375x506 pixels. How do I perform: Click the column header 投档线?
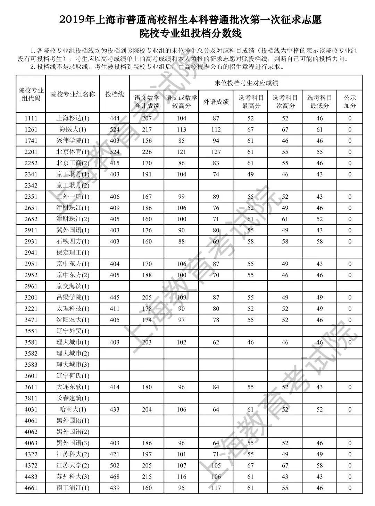(x=114, y=94)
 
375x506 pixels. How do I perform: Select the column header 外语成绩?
(x=216, y=102)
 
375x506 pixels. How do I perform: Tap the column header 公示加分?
(x=350, y=102)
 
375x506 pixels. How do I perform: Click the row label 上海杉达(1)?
(x=73, y=118)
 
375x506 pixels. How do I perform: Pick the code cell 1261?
(x=31, y=130)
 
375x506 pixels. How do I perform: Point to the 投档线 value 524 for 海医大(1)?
(x=114, y=130)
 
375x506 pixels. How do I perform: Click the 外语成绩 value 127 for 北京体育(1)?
(x=216, y=152)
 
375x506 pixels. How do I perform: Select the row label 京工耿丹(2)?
(x=73, y=185)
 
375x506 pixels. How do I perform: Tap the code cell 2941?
(x=31, y=252)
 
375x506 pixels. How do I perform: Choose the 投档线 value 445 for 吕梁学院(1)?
(x=114, y=297)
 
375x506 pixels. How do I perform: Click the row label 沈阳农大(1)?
(x=73, y=320)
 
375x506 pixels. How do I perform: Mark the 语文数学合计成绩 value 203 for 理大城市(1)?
(x=147, y=342)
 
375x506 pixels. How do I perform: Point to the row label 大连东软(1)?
(x=73, y=387)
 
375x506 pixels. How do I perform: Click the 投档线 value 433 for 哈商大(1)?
(x=114, y=409)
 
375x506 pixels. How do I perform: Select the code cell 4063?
(x=31, y=443)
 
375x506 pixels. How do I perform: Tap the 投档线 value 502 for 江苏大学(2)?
(x=114, y=465)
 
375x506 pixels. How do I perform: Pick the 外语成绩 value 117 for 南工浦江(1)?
(x=216, y=488)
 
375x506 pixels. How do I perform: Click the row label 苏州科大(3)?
(x=73, y=477)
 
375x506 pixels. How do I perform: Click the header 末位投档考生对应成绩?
(x=246, y=83)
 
